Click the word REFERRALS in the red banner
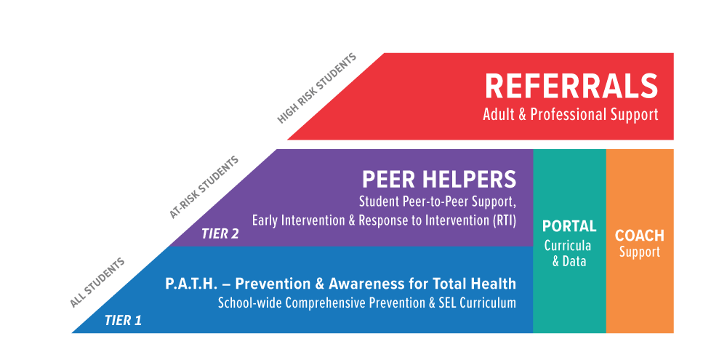[571, 87]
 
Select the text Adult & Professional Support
[571, 115]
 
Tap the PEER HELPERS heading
[439, 179]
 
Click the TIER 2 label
[220, 234]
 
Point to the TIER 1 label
[123, 319]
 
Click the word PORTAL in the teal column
[569, 226]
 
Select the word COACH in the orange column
[640, 236]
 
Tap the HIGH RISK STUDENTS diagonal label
[317, 88]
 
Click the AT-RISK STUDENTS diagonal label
[204, 187]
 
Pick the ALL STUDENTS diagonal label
[97, 283]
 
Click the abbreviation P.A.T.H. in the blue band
[193, 284]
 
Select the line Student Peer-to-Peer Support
[438, 201]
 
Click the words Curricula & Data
[569, 253]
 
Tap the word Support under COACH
[640, 252]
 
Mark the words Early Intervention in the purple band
[294, 219]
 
